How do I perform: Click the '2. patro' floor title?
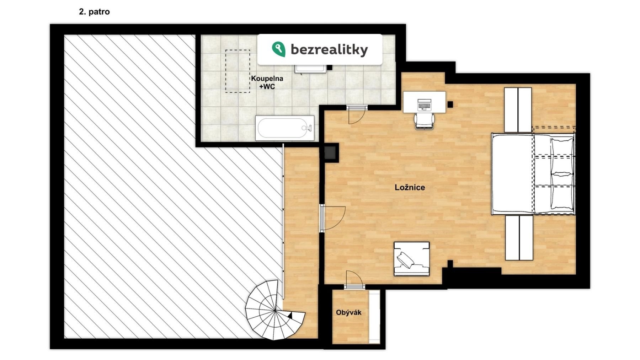click(94, 12)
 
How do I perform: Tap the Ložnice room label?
click(410, 187)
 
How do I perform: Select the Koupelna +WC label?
click(267, 82)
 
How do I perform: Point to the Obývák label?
click(348, 312)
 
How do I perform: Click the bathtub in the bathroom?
click(285, 128)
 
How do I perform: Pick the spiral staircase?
click(275, 310)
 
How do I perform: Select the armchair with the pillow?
click(411, 259)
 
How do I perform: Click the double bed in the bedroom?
click(533, 174)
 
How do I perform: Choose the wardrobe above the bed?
click(518, 110)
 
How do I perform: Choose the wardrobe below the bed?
click(519, 238)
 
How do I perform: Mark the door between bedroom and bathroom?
click(356, 114)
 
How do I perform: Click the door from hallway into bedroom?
click(333, 217)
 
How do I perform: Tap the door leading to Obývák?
click(354, 280)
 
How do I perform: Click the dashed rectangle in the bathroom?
click(238, 71)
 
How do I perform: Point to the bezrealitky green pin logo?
click(278, 49)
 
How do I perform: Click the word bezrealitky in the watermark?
click(329, 50)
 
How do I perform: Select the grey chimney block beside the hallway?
click(330, 153)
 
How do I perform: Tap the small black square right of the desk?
click(450, 104)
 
